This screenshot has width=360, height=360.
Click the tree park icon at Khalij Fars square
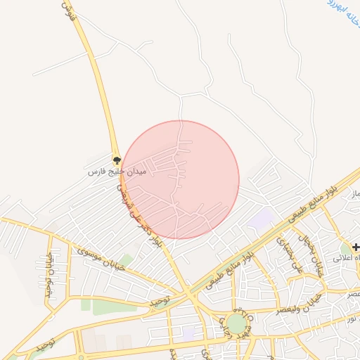(x=117, y=161)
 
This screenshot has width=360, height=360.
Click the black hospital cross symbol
(x=356, y=247)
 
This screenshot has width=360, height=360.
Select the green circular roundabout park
(x=236, y=324)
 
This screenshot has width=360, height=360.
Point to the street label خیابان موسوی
(x=101, y=258)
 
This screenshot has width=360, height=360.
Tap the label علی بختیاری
(x=290, y=255)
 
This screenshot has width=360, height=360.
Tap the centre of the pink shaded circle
(x=181, y=179)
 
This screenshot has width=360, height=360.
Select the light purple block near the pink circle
(x=261, y=219)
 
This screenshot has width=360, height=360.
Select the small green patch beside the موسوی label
(x=125, y=262)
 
